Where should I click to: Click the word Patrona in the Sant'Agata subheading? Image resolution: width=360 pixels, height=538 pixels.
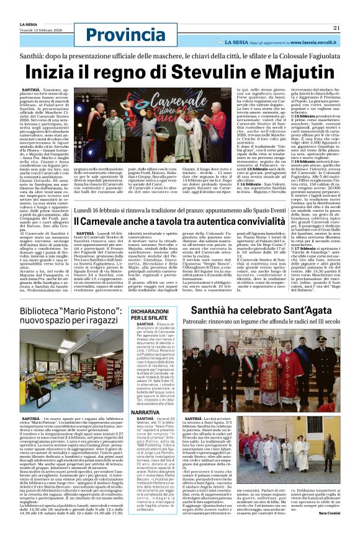[x=186, y=321]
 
